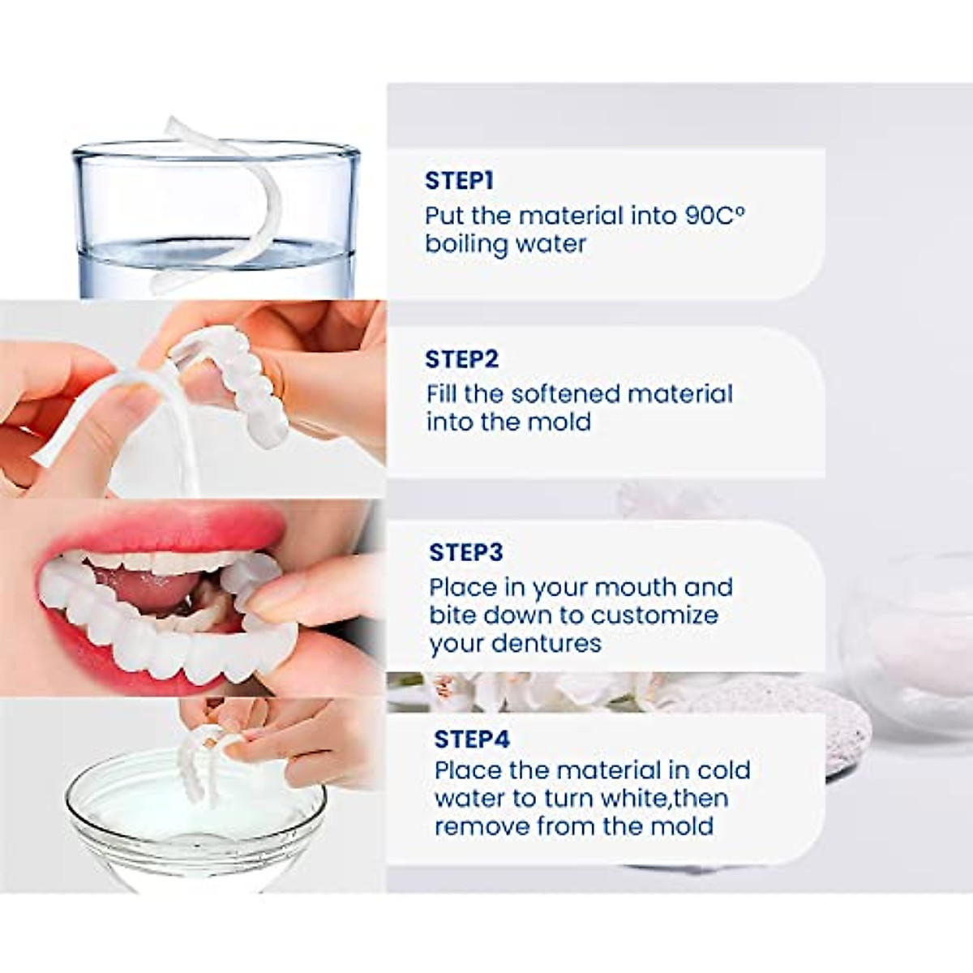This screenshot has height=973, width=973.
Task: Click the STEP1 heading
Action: click(459, 180)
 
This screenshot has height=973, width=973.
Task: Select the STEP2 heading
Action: click(461, 359)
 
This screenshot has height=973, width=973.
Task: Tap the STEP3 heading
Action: click(466, 552)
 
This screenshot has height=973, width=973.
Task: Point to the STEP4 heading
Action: click(472, 739)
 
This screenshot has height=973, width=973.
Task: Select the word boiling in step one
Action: click(473, 244)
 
